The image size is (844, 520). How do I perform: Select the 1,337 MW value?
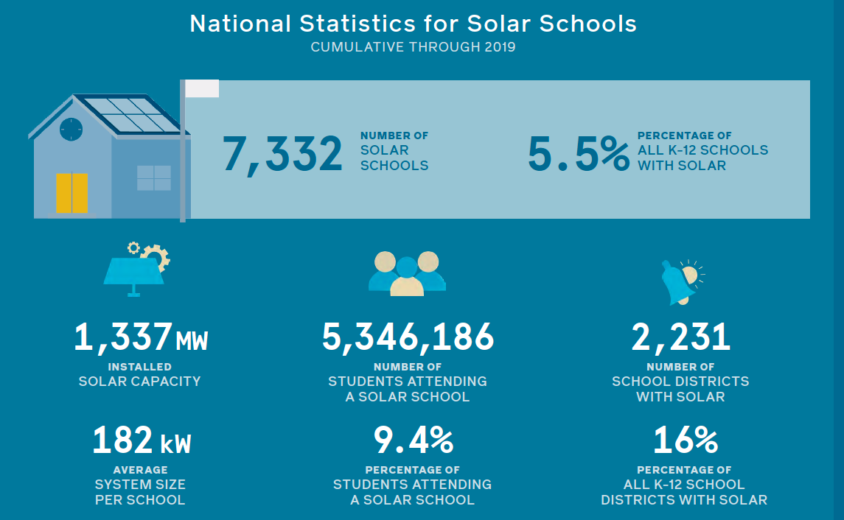[140, 337]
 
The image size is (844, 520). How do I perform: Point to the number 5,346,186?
[408, 337]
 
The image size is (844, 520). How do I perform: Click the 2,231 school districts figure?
[680, 337]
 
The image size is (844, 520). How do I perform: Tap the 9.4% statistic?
[413, 440]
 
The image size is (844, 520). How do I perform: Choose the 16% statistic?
[685, 440]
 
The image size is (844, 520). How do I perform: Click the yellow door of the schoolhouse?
[72, 193]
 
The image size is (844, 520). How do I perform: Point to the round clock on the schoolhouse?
[71, 129]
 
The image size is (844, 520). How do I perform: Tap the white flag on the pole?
[201, 88]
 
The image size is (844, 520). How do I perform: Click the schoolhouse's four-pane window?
[153, 178]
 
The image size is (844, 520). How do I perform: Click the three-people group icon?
[407, 273]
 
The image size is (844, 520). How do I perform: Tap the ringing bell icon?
[681, 281]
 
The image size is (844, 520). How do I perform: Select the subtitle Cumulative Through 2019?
[413, 47]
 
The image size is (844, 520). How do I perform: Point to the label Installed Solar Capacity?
[139, 374]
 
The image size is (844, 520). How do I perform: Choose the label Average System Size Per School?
[140, 485]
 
